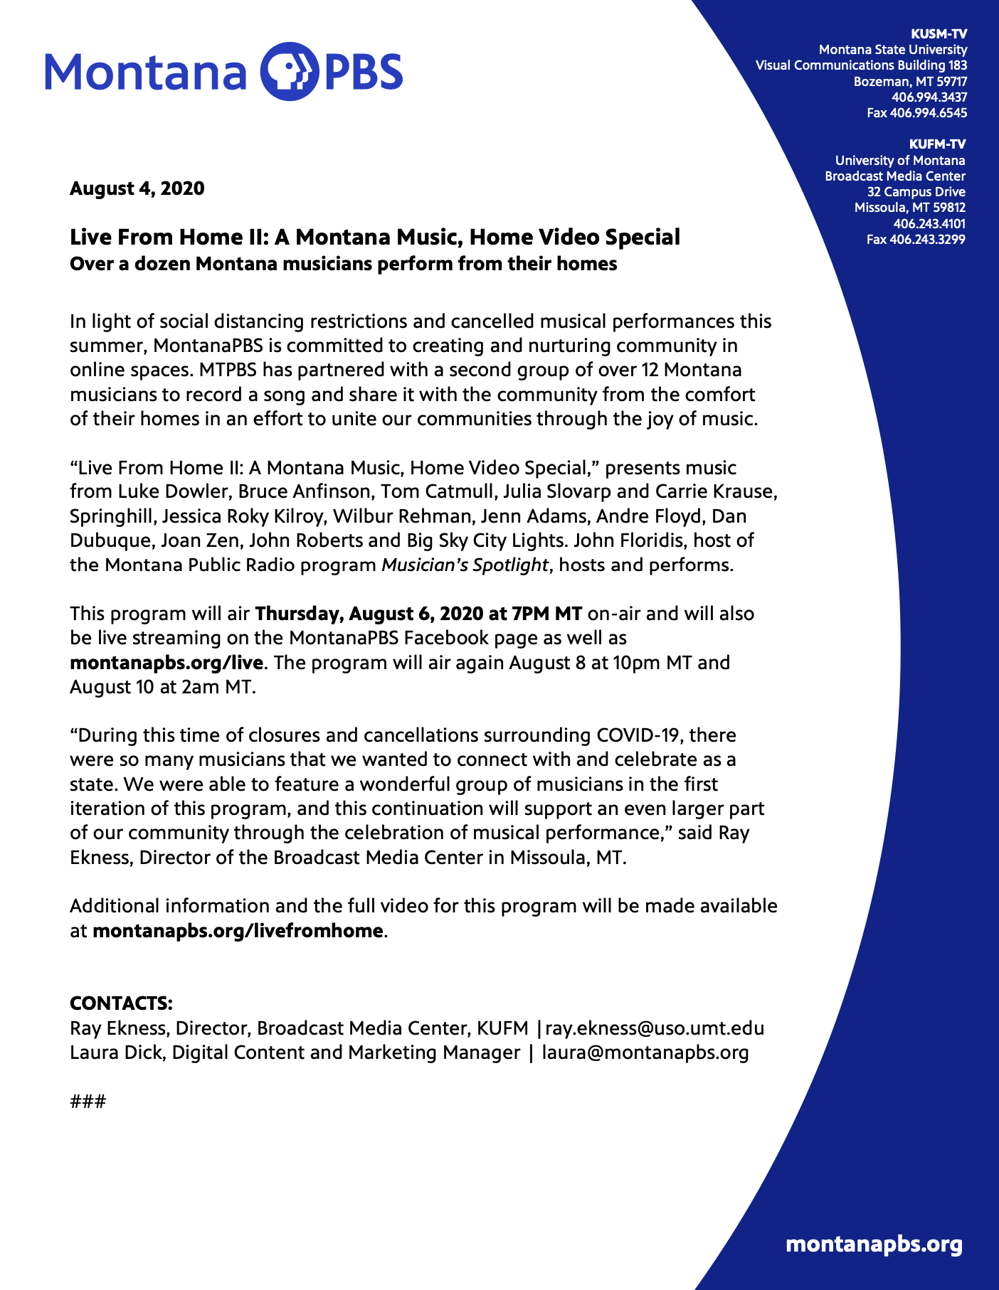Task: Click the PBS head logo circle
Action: (x=290, y=71)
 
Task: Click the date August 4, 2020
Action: (x=137, y=188)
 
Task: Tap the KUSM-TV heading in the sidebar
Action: (x=939, y=33)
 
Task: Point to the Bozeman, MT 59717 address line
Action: (x=910, y=81)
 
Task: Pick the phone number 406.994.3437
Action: (x=929, y=97)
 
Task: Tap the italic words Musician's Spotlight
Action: (x=465, y=565)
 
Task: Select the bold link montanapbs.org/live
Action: (x=166, y=663)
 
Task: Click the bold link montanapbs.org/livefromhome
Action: (x=238, y=930)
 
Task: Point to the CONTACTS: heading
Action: (x=121, y=1003)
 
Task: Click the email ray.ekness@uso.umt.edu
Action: (x=655, y=1028)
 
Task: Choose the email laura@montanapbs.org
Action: (x=645, y=1052)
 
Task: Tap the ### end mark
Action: (x=88, y=1102)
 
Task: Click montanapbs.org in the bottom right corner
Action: (x=874, y=1244)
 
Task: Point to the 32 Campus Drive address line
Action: (x=916, y=191)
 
